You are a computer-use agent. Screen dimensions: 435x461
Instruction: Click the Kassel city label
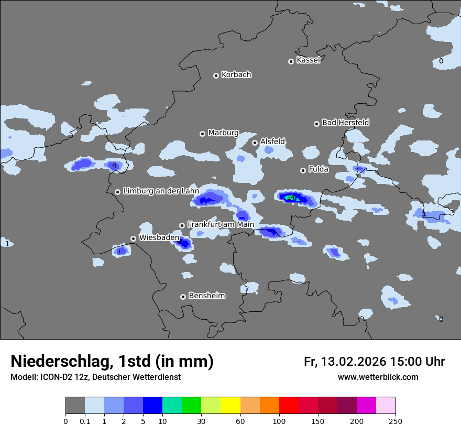(x=308, y=60)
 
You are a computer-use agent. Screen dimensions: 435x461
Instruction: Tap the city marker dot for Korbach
(x=216, y=75)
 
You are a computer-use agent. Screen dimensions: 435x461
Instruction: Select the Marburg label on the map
(x=223, y=133)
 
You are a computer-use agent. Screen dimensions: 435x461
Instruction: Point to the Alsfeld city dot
(x=255, y=143)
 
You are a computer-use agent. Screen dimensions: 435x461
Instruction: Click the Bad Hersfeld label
(x=345, y=123)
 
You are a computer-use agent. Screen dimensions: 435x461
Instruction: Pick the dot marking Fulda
(x=303, y=170)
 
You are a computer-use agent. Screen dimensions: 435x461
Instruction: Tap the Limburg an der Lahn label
(x=161, y=191)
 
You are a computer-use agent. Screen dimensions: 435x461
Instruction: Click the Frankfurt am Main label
(x=221, y=224)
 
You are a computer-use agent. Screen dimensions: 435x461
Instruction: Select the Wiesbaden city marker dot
(x=134, y=238)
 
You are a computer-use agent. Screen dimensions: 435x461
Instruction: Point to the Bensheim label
(x=206, y=296)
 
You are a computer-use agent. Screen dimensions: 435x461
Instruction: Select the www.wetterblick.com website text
(x=378, y=377)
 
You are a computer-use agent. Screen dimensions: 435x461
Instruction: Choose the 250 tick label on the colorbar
(x=396, y=421)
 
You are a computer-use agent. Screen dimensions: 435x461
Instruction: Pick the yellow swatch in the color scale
(x=230, y=406)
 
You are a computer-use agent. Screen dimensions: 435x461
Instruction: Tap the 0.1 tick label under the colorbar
(x=85, y=421)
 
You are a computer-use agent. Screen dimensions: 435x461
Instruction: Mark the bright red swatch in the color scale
(x=289, y=406)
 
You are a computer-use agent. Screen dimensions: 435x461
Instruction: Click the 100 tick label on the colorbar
(x=279, y=421)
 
